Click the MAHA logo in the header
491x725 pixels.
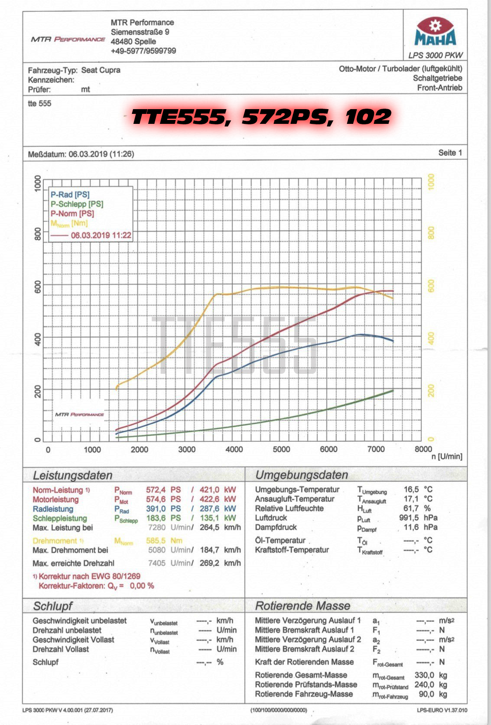[435, 33]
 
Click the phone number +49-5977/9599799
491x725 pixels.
[143, 51]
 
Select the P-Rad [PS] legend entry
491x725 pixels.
[70, 194]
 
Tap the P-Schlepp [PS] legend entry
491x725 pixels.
[77, 204]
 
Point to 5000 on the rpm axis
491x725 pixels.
[281, 450]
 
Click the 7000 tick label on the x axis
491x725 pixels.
[376, 450]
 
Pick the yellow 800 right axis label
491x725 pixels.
[430, 233]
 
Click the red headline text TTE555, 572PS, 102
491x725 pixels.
[261, 117]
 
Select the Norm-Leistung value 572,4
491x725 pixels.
[156, 490]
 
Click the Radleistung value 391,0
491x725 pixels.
[156, 509]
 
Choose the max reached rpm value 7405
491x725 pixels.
[156, 563]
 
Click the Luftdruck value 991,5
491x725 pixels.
[409, 518]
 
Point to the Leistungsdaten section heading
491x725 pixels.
[72, 476]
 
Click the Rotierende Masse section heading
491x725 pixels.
[302, 606]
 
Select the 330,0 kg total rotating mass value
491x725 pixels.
[424, 675]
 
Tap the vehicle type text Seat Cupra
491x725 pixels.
[101, 70]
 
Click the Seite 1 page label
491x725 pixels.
[450, 153]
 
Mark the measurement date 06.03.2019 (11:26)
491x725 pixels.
[101, 154]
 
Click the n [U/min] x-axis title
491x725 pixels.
[447, 456]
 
